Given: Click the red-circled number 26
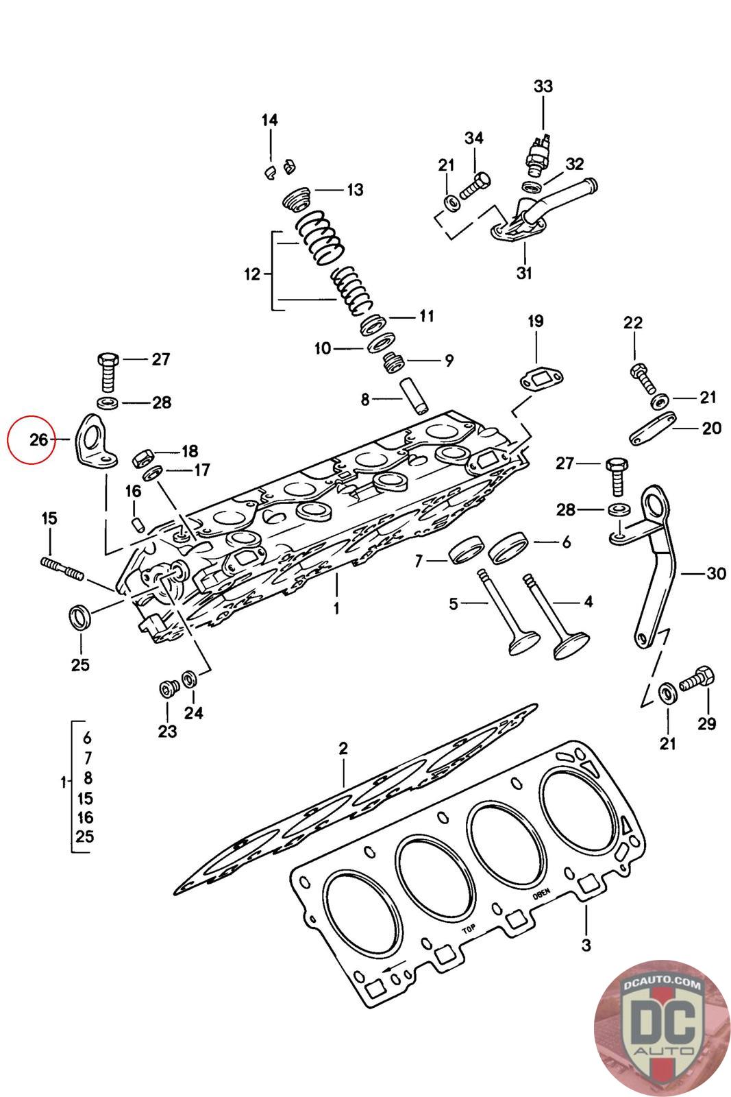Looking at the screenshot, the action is pos(38,439).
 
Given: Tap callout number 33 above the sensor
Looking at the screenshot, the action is pos(543,86).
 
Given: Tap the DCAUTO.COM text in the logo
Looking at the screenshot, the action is pos(662,983).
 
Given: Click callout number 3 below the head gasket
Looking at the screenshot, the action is pos(586,945).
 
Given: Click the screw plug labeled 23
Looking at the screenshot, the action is pos(169,688).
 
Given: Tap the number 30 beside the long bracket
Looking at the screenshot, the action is pos(716,572).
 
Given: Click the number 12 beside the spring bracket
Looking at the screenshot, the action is pos(253,274).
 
